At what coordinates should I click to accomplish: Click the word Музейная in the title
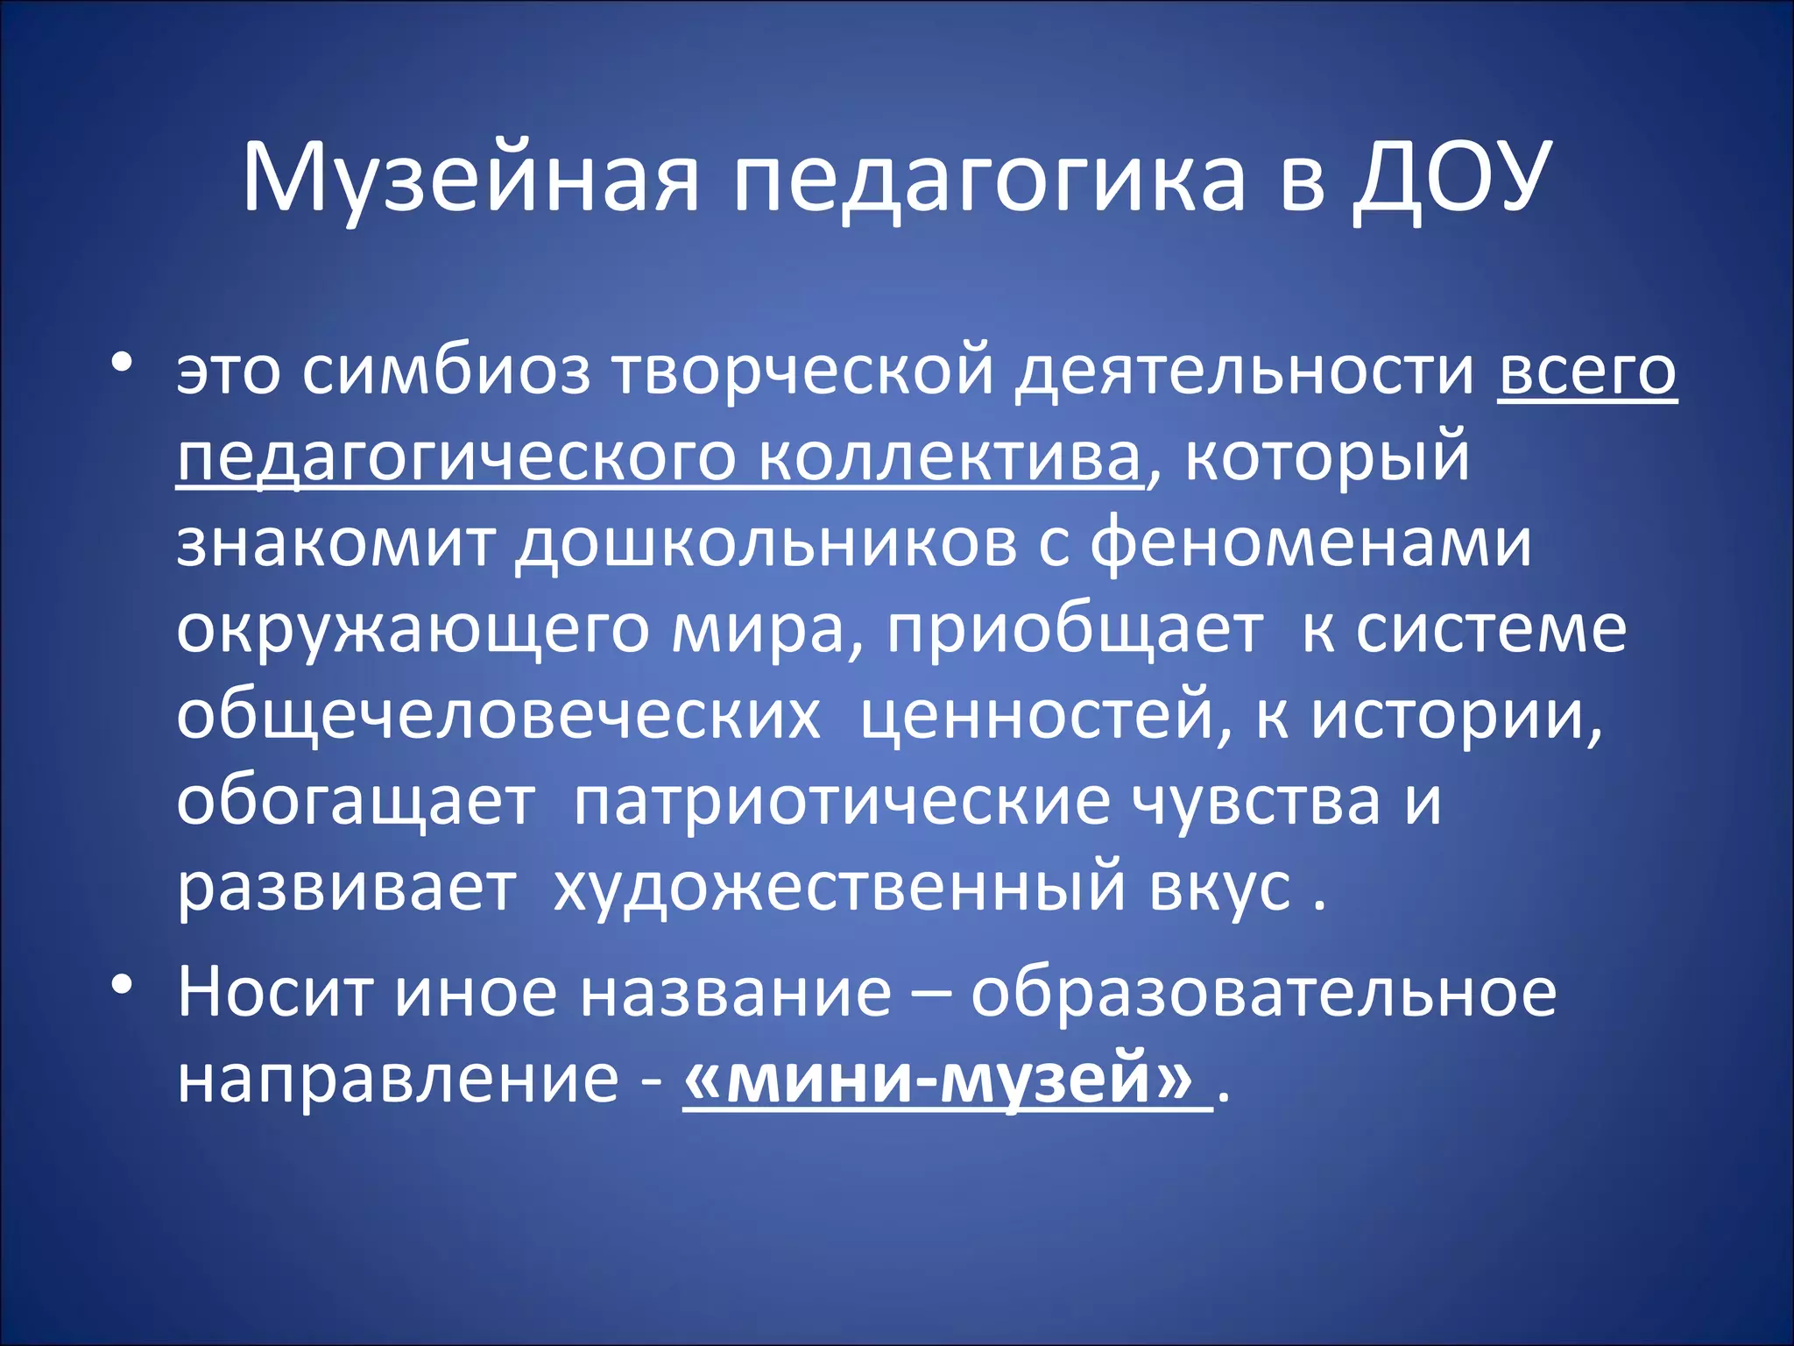click(471, 179)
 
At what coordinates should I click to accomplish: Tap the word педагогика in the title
click(988, 179)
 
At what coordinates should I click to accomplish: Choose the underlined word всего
click(1586, 372)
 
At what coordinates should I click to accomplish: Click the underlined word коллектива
click(950, 457)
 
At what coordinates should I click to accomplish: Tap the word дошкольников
click(766, 543)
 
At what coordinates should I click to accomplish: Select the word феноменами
click(1311, 543)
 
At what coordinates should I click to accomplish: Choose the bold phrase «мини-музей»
click(937, 1079)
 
